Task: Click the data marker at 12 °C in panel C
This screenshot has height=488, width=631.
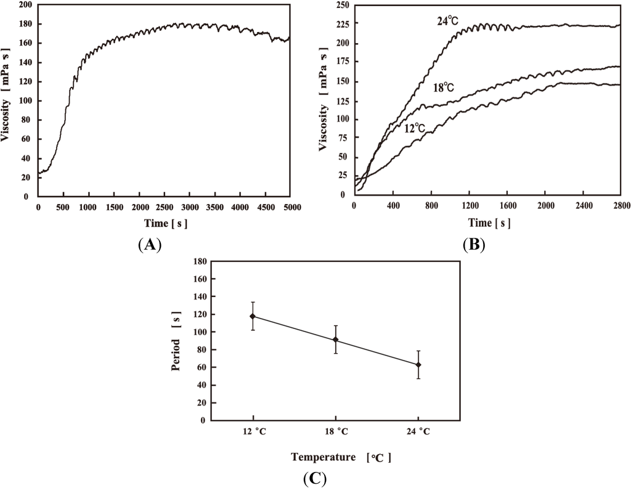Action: tap(253, 316)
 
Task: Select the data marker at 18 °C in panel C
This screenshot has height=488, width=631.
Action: tap(335, 340)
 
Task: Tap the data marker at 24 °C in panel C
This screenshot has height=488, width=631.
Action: tap(418, 365)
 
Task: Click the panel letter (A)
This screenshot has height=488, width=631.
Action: tap(150, 245)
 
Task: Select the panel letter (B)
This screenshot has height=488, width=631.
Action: tap(473, 245)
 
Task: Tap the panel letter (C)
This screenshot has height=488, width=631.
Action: tap(315, 478)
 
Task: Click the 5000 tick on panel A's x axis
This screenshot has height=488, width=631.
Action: tap(289, 207)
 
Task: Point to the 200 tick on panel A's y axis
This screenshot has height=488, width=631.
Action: tap(25, 5)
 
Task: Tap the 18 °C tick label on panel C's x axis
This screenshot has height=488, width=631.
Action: tap(335, 431)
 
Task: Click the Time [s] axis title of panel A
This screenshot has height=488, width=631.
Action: tap(164, 224)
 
